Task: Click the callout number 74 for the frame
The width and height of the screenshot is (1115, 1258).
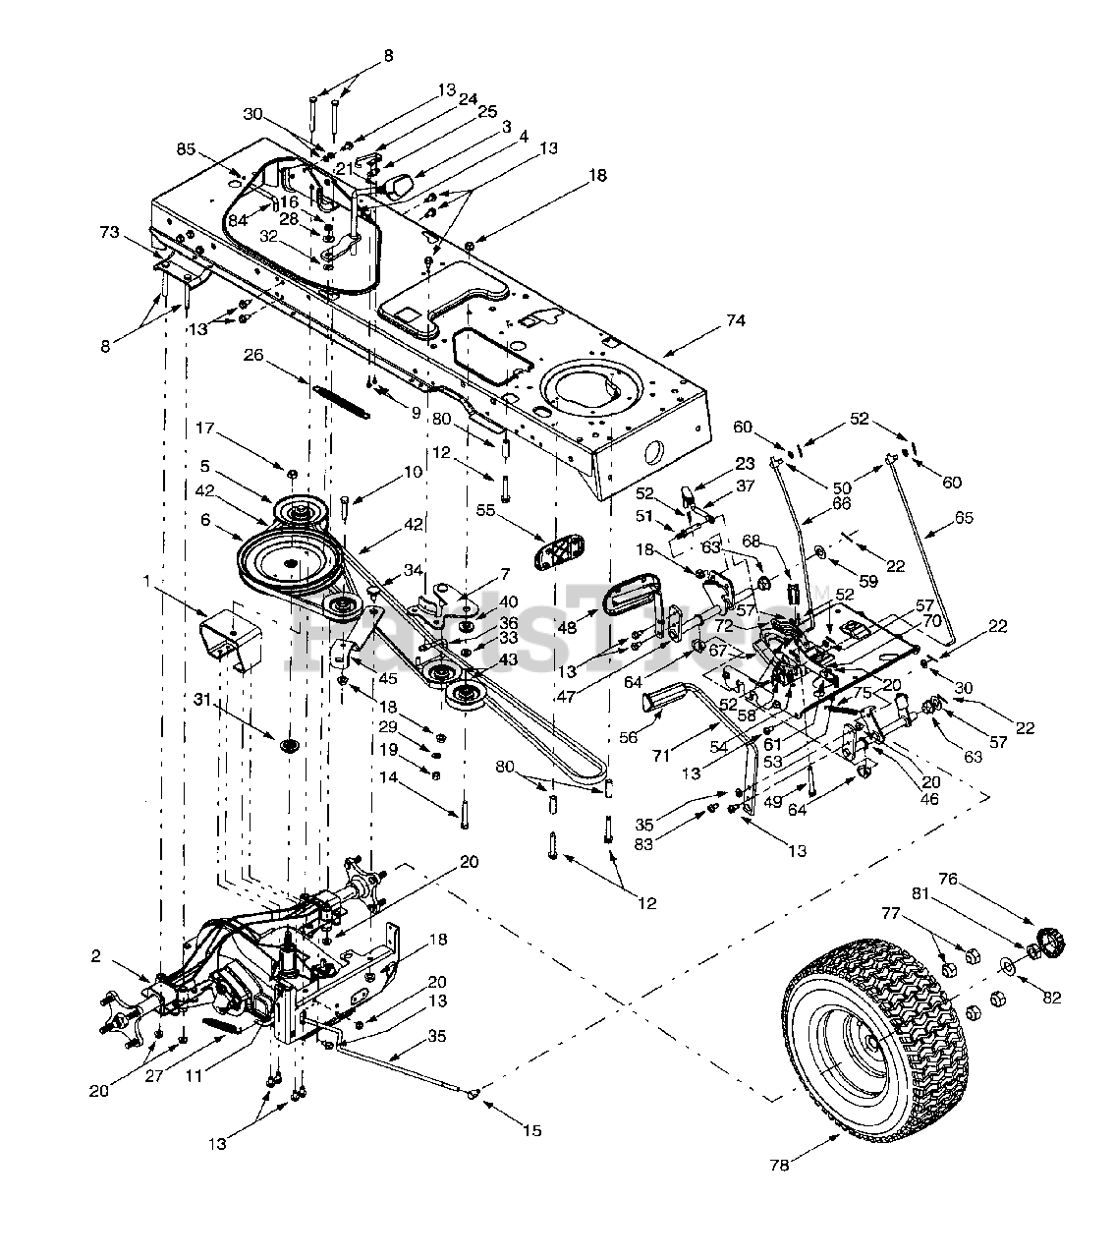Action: [x=735, y=320]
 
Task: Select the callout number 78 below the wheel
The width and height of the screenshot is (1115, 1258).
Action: [x=779, y=1166]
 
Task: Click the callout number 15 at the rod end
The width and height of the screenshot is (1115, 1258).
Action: [x=531, y=1131]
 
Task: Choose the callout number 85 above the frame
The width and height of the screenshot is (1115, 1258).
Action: [x=187, y=150]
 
